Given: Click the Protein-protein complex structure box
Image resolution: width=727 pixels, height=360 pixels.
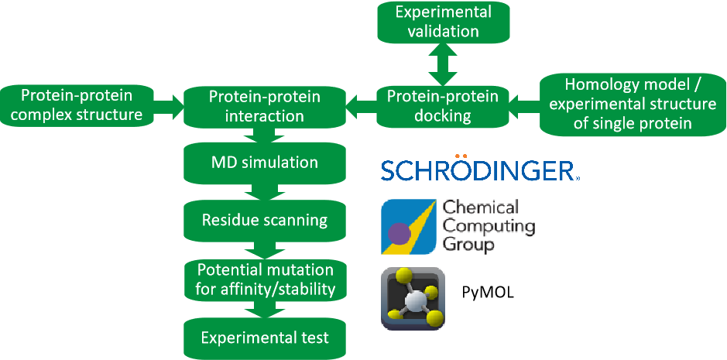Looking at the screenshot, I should tap(81, 106).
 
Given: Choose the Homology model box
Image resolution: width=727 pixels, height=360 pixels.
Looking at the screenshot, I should tap(628, 104).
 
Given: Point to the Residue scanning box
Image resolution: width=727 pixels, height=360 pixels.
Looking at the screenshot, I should tap(265, 220).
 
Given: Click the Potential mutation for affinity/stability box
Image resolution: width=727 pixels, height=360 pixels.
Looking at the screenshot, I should tap(265, 279).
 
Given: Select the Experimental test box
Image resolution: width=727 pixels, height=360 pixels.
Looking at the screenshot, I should tap(265, 338).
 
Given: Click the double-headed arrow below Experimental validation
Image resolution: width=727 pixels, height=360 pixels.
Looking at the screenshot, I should tap(439, 64).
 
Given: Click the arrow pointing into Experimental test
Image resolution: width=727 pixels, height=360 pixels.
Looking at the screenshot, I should tap(265, 309).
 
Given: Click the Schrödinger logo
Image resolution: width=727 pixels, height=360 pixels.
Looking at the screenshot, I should tap(478, 170).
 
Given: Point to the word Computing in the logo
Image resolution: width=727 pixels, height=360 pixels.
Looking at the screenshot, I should tap(489, 227).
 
